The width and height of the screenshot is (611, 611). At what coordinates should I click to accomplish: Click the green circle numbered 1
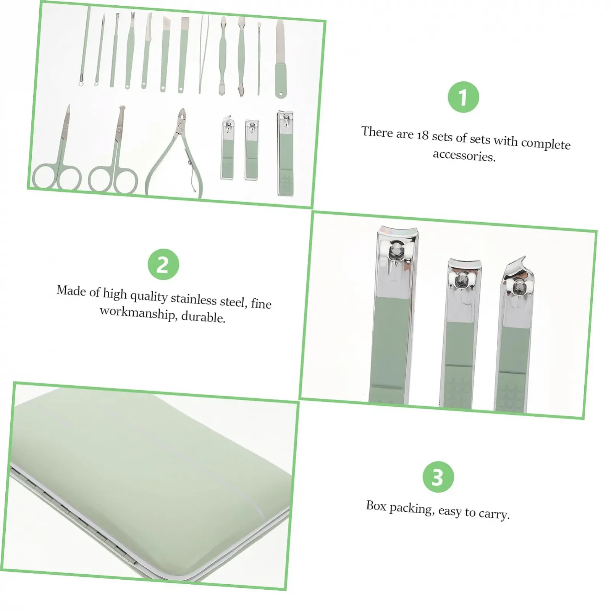tap(463, 97)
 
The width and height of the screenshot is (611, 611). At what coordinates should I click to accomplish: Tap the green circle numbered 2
tap(163, 264)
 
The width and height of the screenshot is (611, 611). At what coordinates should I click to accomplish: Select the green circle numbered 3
tap(438, 477)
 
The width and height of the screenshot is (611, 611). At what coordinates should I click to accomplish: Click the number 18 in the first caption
tap(423, 136)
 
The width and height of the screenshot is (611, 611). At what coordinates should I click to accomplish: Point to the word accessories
tap(464, 155)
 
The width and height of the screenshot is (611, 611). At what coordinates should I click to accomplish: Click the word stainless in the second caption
tap(193, 299)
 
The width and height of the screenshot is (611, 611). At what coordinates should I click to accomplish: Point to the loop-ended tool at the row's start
tap(85, 46)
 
